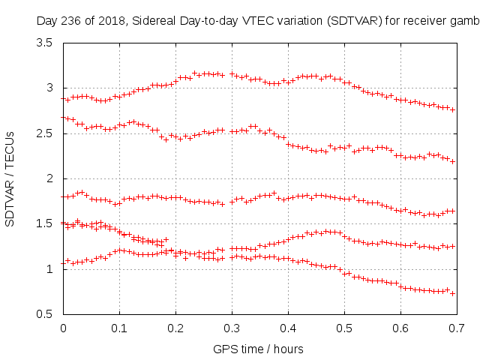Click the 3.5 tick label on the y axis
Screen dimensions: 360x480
(43, 43)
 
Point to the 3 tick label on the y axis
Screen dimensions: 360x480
(48, 88)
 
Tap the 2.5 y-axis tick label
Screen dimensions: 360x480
(43, 133)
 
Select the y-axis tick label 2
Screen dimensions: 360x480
(48, 178)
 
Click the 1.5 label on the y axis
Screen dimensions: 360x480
(43, 223)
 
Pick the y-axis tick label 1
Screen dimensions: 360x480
(48, 268)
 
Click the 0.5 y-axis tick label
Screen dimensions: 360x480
(43, 313)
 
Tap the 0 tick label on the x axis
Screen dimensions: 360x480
(63, 328)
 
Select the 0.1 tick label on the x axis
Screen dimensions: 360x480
(119, 328)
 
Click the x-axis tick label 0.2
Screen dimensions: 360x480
(175, 328)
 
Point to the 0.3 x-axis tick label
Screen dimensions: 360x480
(232, 328)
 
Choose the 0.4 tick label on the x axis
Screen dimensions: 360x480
(288, 328)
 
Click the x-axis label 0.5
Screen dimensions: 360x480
(344, 328)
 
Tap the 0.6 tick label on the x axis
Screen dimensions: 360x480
(400, 328)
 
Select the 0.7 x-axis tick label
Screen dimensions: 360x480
(457, 328)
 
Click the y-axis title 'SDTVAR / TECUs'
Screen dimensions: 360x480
(10, 178)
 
